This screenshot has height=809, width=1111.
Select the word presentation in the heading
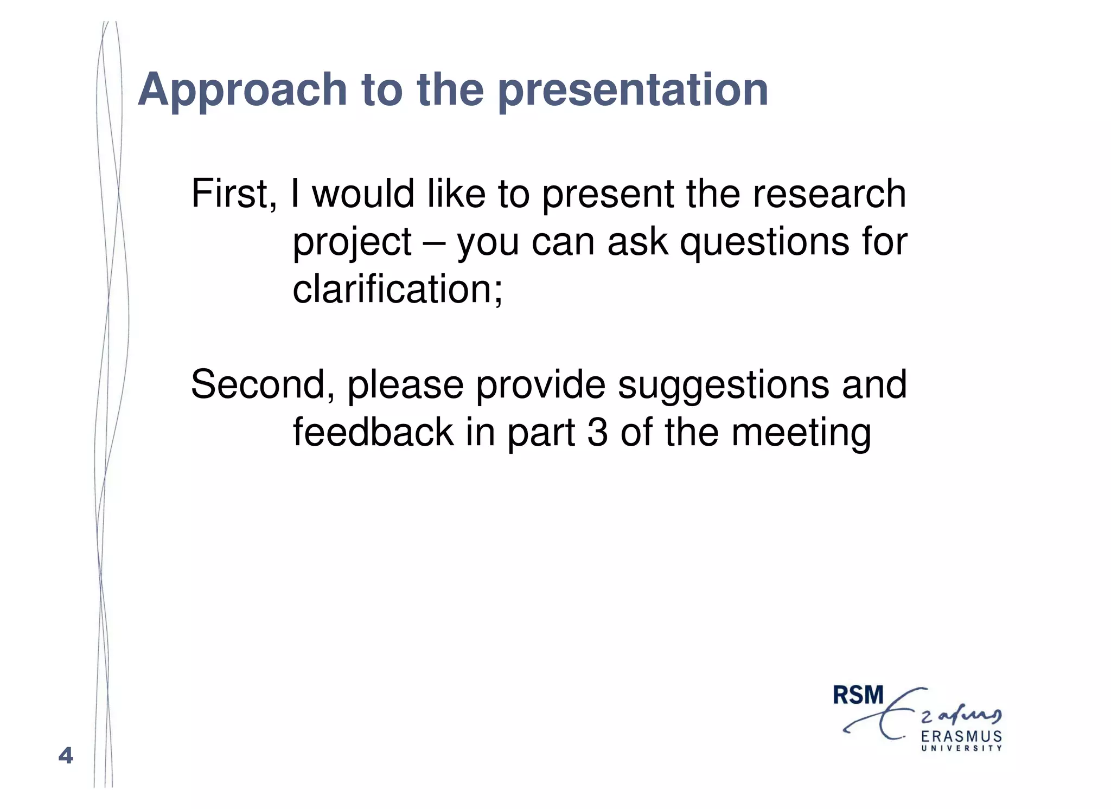[633, 90]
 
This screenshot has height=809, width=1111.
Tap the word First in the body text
[229, 194]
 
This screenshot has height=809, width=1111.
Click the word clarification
[394, 288]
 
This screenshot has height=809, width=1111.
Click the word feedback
[373, 432]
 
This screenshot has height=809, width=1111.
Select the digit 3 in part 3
[597, 433]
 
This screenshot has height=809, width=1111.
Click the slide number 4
[66, 755]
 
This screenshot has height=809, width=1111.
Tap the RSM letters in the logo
[858, 695]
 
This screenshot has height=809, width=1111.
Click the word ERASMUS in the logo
[961, 736]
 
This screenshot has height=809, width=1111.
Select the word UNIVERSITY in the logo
[961, 748]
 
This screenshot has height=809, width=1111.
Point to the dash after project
[434, 243]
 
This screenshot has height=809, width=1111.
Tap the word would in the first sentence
[363, 194]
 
